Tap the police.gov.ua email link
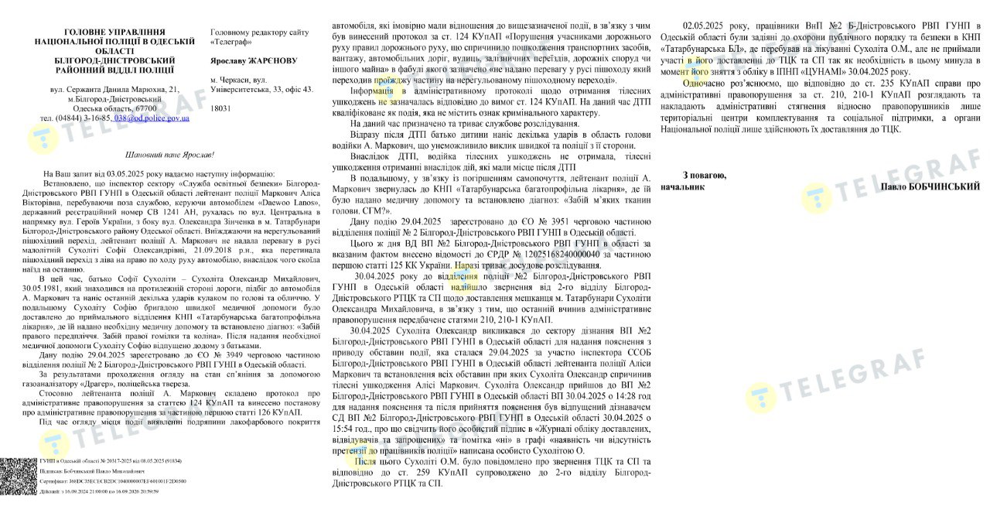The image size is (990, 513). [x=152, y=118]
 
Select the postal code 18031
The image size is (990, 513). [x=221, y=109]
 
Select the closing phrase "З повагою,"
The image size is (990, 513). [x=705, y=175]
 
